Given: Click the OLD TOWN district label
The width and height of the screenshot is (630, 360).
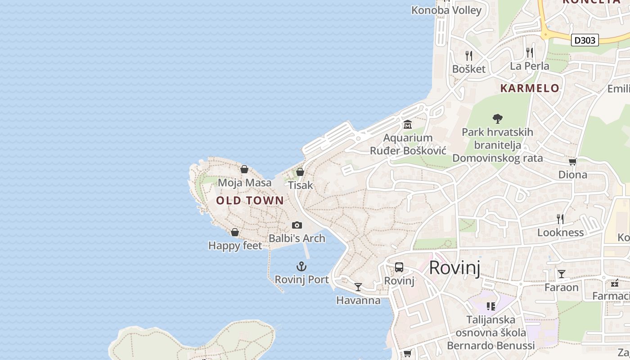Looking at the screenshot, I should pyautogui.click(x=250, y=200).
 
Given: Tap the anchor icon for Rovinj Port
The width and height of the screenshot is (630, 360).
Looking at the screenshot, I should pyautogui.click(x=301, y=266).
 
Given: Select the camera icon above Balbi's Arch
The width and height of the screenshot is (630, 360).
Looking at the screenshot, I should pyautogui.click(x=297, y=225).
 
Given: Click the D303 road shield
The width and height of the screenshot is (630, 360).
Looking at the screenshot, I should pyautogui.click(x=585, y=40).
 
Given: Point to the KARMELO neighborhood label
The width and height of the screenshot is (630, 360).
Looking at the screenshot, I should pyautogui.click(x=530, y=88).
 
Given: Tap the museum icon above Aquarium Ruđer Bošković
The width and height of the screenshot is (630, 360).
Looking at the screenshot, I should pyautogui.click(x=408, y=124).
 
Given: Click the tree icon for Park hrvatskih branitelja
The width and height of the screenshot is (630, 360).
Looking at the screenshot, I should pyautogui.click(x=497, y=119).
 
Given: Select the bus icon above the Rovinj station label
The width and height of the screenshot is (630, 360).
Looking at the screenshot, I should pyautogui.click(x=399, y=267).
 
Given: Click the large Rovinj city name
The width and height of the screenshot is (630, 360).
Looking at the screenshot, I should pyautogui.click(x=454, y=268).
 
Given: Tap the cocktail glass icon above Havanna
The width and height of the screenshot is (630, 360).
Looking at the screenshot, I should pyautogui.click(x=358, y=287).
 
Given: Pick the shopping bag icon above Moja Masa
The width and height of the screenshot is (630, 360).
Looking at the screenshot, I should pyautogui.click(x=244, y=169).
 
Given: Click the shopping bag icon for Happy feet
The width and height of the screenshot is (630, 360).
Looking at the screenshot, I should pyautogui.click(x=235, y=232).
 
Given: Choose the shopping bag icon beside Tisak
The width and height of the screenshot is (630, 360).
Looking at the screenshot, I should pyautogui.click(x=300, y=172).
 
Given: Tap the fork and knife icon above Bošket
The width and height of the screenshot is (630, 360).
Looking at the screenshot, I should pyautogui.click(x=469, y=55).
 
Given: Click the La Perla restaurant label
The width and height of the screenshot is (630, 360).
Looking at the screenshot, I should pyautogui.click(x=529, y=66).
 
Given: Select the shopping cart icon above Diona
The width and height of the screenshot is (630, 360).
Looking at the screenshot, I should pyautogui.click(x=572, y=162).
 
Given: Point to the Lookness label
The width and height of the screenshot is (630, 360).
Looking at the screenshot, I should pyautogui.click(x=560, y=233).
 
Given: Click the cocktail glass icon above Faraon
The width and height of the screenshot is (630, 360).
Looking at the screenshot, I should pyautogui.click(x=562, y=274).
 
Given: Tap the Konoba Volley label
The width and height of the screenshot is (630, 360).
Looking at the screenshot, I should pyautogui.click(x=446, y=10).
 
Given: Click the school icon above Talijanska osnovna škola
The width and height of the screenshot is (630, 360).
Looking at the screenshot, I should pyautogui.click(x=490, y=306).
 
